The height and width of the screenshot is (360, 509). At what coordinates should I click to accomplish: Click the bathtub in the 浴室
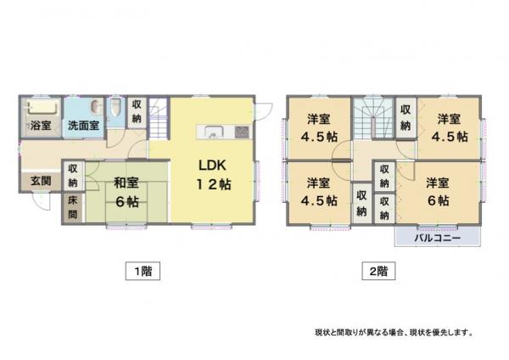click(x=43, y=107)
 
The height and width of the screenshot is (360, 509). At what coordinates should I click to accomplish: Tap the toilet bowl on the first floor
click(x=115, y=107)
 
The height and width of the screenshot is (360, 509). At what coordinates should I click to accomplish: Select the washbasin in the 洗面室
click(x=95, y=107)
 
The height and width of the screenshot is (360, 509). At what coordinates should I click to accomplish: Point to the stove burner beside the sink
click(x=242, y=132)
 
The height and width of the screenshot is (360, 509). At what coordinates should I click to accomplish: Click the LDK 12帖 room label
click(x=213, y=175)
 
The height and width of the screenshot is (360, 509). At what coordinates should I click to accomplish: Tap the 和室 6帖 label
click(x=126, y=193)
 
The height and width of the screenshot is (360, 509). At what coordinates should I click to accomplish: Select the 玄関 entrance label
click(x=41, y=181)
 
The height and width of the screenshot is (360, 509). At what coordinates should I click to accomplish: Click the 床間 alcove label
click(x=73, y=207)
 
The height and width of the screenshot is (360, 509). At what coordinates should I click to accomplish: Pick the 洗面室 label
click(x=83, y=126)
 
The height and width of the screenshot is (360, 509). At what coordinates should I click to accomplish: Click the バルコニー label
click(x=437, y=238)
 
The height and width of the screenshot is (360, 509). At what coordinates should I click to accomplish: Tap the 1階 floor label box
click(x=143, y=271)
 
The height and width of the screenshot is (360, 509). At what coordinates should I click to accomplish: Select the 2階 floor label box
click(x=378, y=271)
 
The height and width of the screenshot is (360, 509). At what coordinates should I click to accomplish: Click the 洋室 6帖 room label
click(x=438, y=192)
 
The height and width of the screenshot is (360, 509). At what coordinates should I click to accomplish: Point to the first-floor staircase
click(x=158, y=118)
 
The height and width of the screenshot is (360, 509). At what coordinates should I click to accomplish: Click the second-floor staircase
click(x=373, y=118)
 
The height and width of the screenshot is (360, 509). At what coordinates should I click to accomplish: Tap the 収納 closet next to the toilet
click(x=137, y=112)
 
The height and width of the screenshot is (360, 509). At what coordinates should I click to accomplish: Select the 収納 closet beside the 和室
click(x=73, y=176)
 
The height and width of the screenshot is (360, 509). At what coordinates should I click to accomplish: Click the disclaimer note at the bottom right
click(x=394, y=333)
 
